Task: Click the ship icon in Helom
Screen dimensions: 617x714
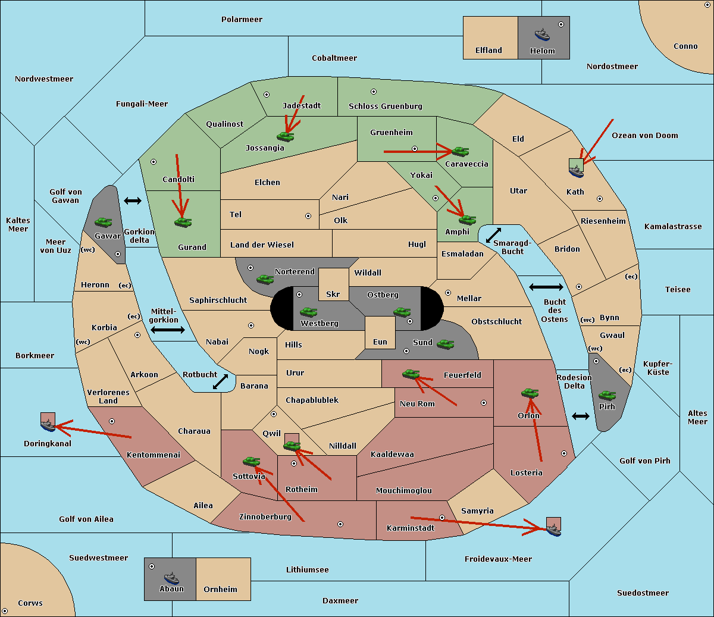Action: pos(542,35)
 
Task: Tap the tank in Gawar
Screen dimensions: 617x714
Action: pos(104,223)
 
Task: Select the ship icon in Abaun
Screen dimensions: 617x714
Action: pos(171,578)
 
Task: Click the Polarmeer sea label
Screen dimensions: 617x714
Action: pos(242,20)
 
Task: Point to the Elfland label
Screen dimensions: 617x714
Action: pos(488,51)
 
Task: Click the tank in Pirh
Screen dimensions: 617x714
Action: pos(607,396)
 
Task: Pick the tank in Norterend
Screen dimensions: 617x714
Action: pos(265,279)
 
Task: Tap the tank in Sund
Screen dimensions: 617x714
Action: pos(445,344)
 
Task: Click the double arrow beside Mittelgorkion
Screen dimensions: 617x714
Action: pos(168,330)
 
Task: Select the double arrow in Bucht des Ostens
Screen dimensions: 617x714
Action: pos(546,287)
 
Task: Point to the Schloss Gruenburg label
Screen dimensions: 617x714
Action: pos(385,107)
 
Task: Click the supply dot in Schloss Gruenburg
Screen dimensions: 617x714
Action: pos(374,92)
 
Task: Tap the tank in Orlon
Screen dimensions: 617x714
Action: pos(530,393)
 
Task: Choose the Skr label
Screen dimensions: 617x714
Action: pos(333,295)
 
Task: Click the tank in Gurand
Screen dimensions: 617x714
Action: pos(183,223)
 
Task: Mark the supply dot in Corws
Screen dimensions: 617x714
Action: pos(5,611)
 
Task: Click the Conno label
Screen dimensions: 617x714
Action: pos(685,46)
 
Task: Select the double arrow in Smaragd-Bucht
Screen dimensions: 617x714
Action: pos(494,235)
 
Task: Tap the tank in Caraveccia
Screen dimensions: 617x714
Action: pos(460,152)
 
